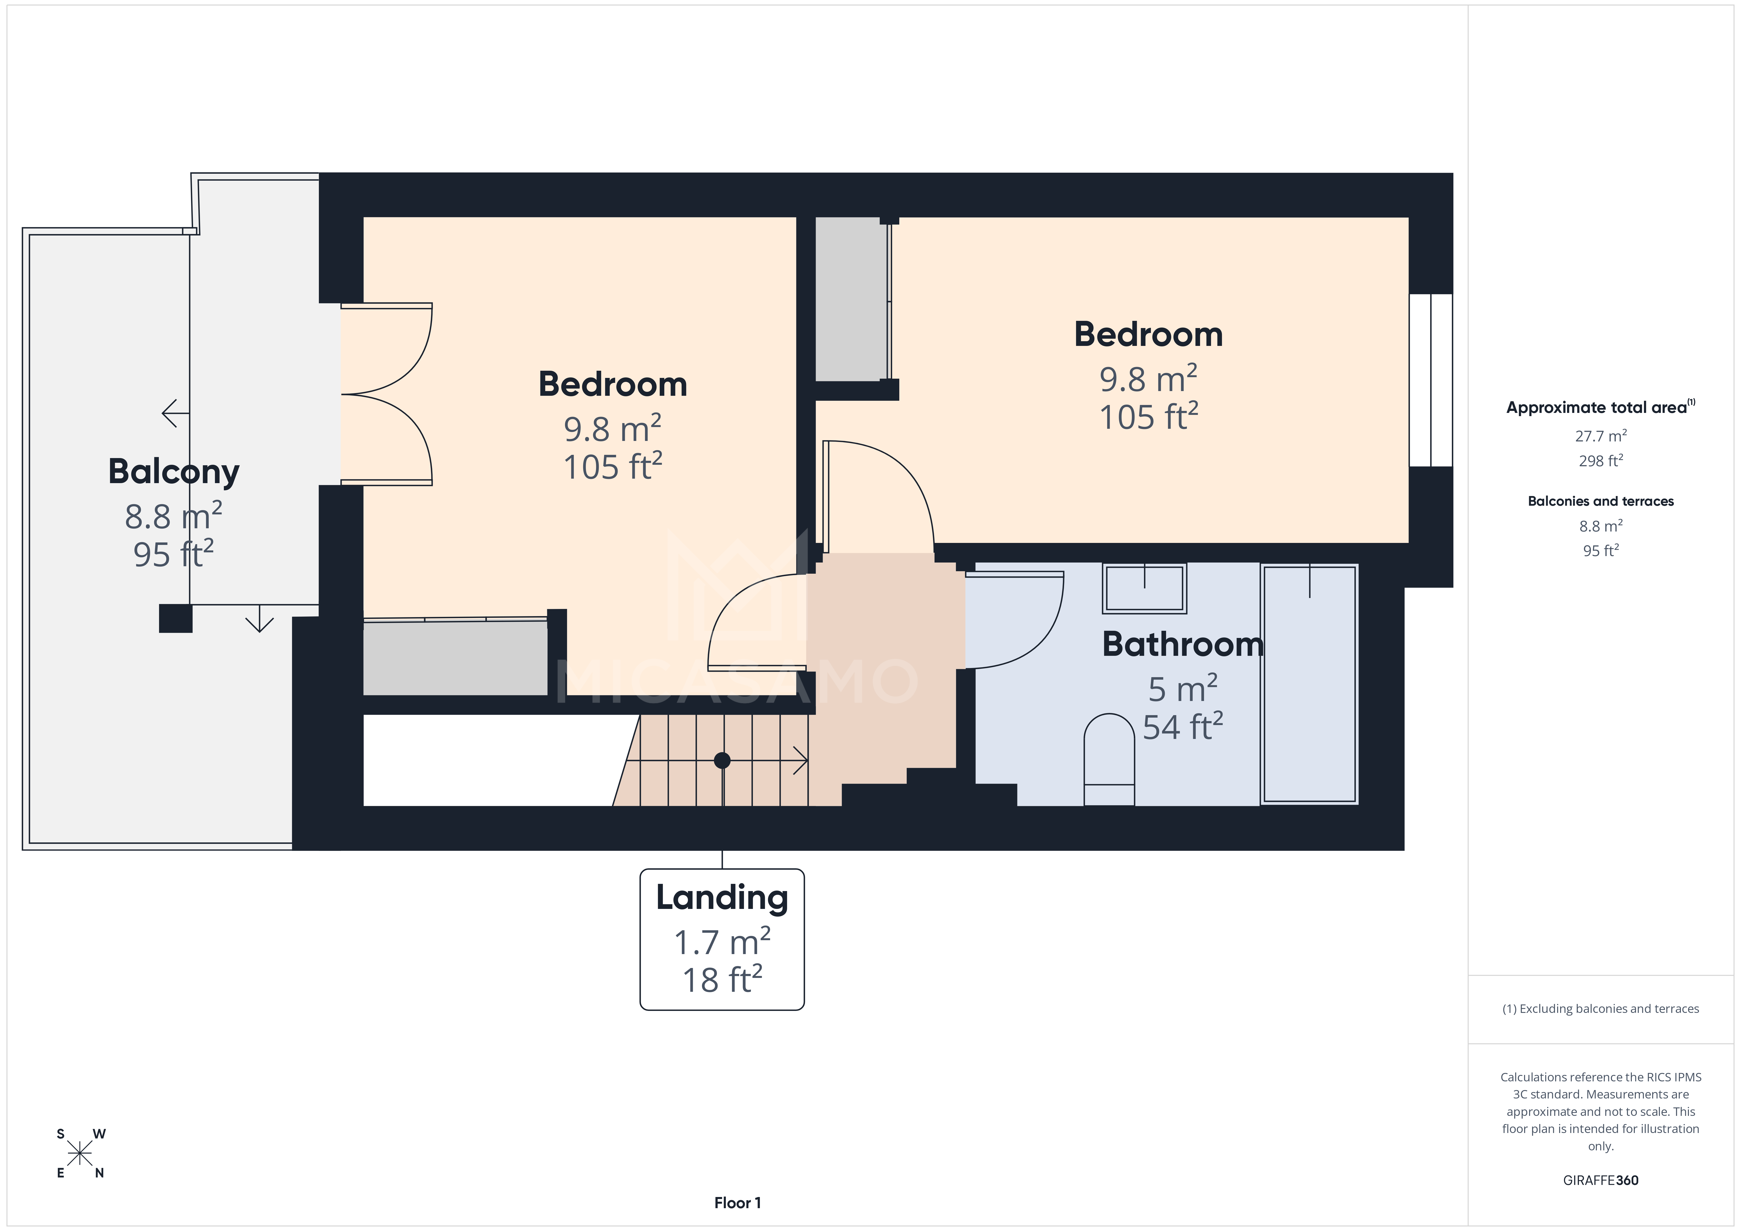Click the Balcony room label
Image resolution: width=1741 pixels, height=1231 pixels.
[174, 472]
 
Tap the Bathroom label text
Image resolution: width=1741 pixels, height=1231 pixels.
[1182, 645]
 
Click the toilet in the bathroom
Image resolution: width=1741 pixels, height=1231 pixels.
[1109, 759]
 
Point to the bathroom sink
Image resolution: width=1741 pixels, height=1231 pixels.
[1143, 589]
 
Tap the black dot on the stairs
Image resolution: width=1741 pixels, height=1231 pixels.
[722, 760]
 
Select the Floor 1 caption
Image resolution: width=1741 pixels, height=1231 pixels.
[737, 1202]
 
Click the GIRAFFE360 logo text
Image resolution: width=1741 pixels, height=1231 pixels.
[1600, 1180]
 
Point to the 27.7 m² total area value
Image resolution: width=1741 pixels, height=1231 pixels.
[1600, 436]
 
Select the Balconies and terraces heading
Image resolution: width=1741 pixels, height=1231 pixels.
[1600, 501]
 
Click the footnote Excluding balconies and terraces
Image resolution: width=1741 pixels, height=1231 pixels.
[1600, 1009]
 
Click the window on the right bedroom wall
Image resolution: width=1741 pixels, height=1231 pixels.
[1430, 380]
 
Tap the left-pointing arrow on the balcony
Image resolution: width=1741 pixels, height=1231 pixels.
[174, 413]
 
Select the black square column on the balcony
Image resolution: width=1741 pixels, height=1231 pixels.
[175, 618]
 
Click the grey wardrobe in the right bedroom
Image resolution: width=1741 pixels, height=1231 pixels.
[851, 299]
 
